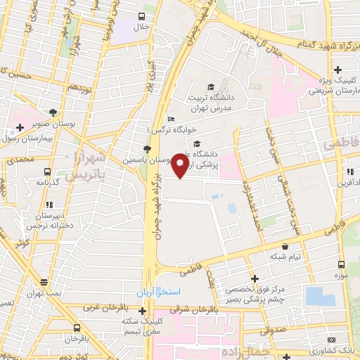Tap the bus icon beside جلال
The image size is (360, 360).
tap(142, 17)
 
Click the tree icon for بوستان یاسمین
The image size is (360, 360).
tap(146, 149)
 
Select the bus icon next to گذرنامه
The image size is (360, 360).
tap(47, 171)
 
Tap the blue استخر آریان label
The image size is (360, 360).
tap(160, 291)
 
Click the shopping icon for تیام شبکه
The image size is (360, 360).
tap(285, 247)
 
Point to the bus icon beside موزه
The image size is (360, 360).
tap(341, 265)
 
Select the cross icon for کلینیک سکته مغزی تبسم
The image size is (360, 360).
tap(142, 311)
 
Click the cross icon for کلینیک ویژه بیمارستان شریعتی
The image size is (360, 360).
tap(338, 70)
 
